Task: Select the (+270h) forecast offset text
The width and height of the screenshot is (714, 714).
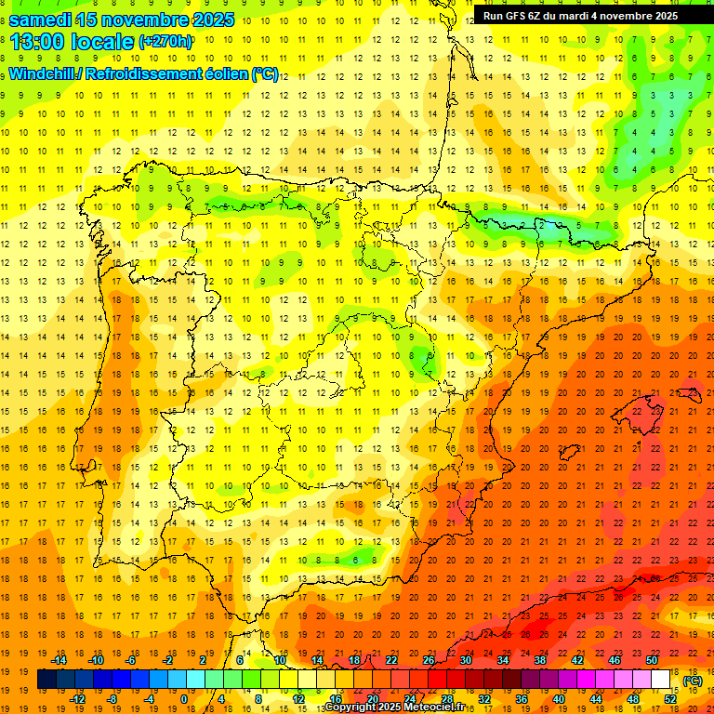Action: coord(165,42)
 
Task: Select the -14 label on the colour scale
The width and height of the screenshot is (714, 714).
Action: coord(59,660)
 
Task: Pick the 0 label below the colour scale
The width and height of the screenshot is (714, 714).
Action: coord(183,699)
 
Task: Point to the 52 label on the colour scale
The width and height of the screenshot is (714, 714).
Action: coord(670,699)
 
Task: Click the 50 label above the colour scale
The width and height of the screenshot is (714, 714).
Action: coord(652,660)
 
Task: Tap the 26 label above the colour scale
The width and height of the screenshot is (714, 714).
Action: coord(428,660)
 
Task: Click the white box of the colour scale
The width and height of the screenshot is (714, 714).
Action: coord(661,680)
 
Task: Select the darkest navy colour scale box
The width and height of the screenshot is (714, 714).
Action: coord(46,680)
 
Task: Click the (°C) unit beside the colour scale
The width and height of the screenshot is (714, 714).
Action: coord(693,680)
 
